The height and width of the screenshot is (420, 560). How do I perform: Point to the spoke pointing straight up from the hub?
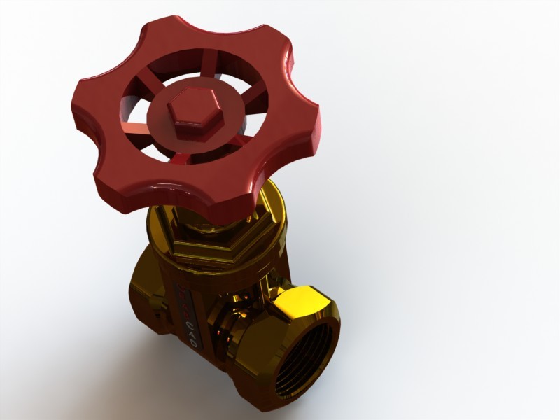(x=181, y=73)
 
